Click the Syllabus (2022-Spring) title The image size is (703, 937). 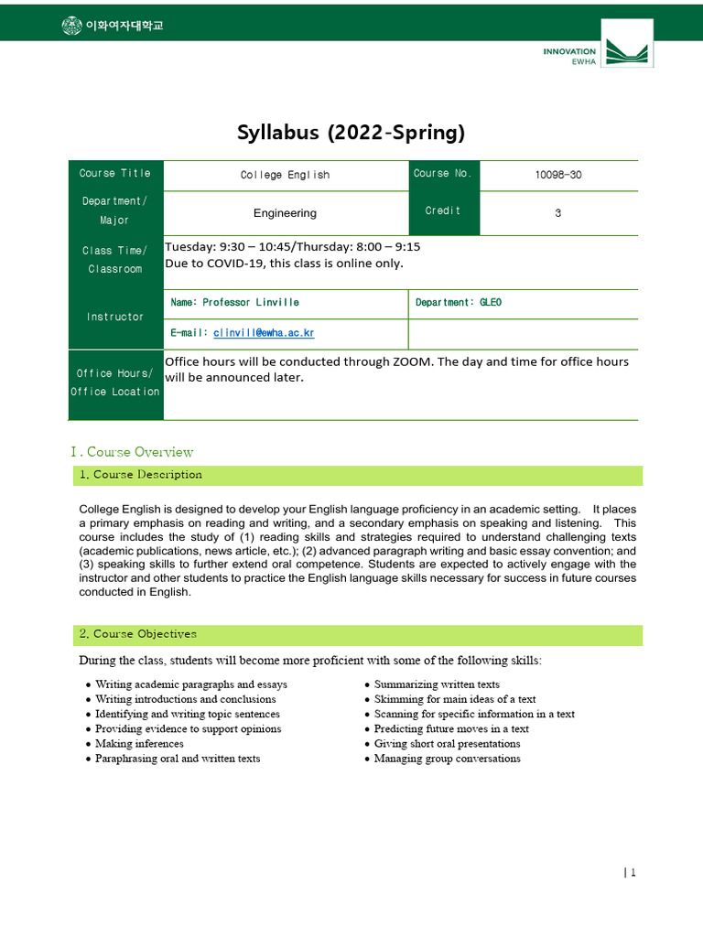351,133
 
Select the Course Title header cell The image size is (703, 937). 115,174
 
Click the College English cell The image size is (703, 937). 285,175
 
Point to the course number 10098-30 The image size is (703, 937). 557,175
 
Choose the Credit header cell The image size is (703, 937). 443,211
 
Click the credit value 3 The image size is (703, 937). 557,212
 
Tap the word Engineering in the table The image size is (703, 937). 285,213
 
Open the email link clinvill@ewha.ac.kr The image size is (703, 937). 264,333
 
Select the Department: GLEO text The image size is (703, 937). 459,302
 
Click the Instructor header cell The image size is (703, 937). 115,317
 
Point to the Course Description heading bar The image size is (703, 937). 357,475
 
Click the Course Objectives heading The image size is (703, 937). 144,634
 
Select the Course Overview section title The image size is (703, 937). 132,452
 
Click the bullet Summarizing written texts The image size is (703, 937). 437,684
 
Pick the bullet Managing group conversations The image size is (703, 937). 447,759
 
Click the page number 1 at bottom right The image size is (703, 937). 631,873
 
